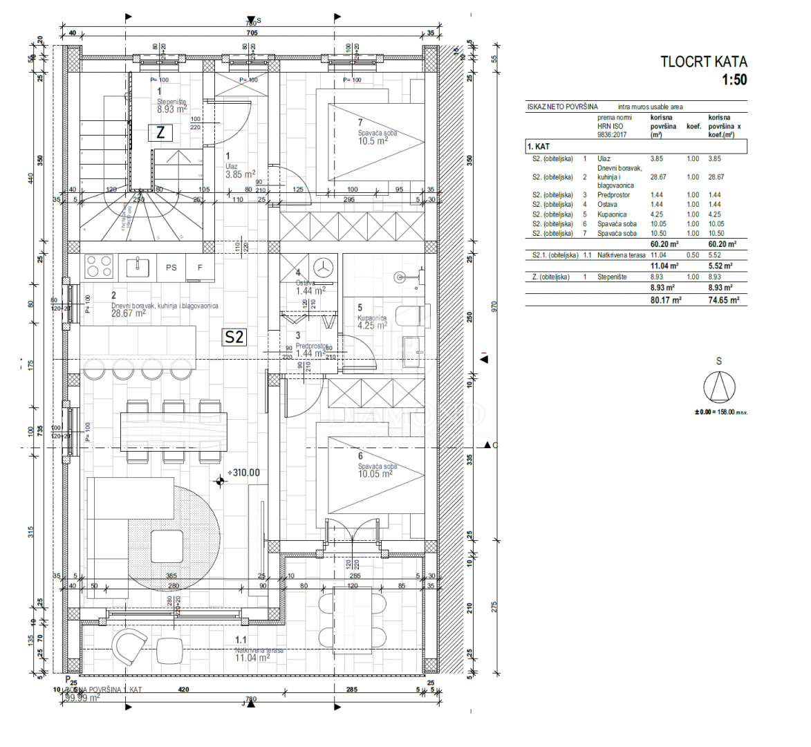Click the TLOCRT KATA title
click(703, 62)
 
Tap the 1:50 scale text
click(734, 80)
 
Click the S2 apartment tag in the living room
click(234, 337)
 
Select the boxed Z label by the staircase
click(161, 133)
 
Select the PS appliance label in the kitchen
click(171, 268)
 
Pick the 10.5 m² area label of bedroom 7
click(373, 141)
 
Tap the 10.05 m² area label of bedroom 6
click(375, 474)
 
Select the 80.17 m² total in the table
click(666, 300)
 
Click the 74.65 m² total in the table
click(723, 300)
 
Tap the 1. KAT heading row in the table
click(539, 147)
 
